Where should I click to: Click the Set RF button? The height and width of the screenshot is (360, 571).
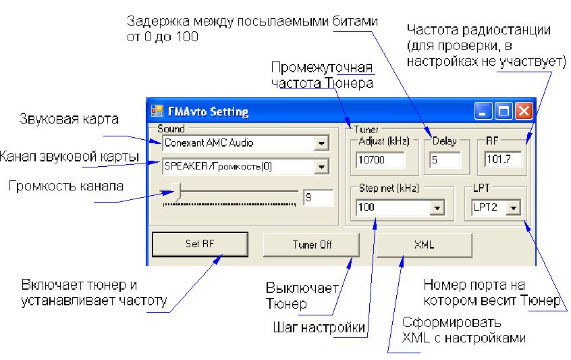point(200,245)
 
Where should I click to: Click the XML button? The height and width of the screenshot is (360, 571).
point(423,245)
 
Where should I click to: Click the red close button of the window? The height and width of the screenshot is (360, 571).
point(524,111)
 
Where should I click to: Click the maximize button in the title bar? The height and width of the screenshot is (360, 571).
point(504,111)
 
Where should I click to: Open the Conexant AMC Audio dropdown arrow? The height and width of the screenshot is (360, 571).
point(321,143)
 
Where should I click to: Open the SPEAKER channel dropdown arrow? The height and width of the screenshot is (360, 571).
point(321,166)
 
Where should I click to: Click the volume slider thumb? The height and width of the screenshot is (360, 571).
point(176,191)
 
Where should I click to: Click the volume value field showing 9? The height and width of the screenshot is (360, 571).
point(318,198)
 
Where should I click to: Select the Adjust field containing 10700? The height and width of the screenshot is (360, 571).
point(379,160)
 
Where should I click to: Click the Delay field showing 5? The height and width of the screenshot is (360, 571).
point(445,160)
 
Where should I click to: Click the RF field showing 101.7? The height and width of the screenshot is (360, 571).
point(506,160)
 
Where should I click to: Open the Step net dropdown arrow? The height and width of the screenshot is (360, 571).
point(437,208)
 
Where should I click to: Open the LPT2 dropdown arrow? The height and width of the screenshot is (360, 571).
point(514,208)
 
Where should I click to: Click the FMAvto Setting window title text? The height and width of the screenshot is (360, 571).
point(208,111)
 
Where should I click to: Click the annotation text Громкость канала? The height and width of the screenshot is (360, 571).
point(66,185)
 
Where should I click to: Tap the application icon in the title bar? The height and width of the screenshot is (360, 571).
point(157,111)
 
